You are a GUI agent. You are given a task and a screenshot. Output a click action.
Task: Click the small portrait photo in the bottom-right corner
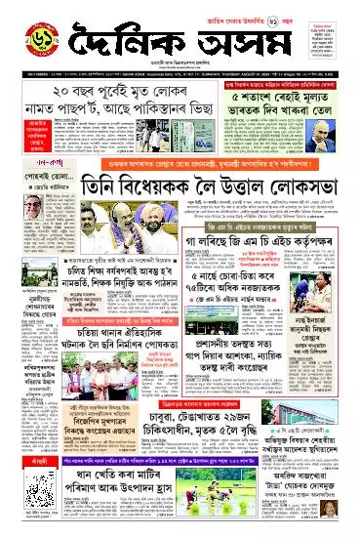tap(337, 518)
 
